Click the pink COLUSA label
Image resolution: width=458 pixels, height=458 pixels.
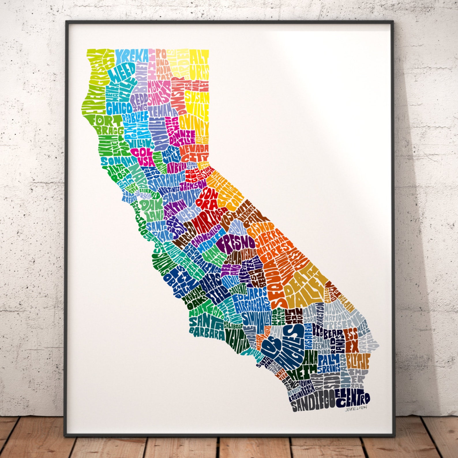click(140, 156)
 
